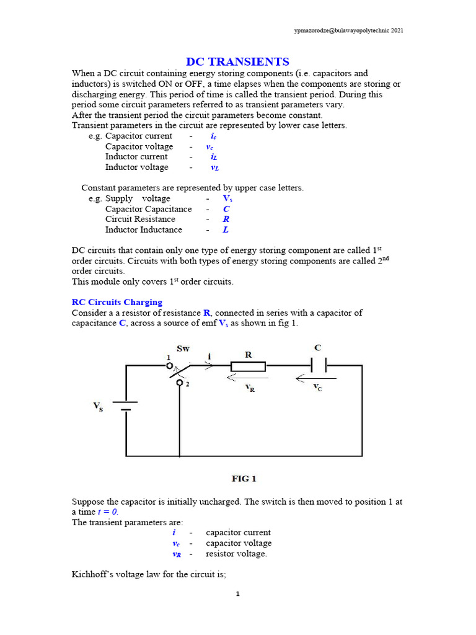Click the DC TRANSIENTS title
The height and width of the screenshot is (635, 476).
pos(238,61)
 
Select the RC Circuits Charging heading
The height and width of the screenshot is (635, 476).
pos(117,302)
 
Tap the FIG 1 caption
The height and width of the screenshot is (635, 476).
pos(244,478)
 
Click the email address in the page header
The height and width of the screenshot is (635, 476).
pos(350,30)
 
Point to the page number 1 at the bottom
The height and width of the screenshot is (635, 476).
pos(237,593)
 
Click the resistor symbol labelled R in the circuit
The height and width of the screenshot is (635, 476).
pos(248,366)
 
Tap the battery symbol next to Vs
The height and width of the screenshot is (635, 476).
pos(126,405)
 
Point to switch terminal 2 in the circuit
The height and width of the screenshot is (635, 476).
pos(180,383)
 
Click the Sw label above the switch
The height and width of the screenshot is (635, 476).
pos(183,349)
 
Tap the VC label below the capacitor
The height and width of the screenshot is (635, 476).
pos(317,388)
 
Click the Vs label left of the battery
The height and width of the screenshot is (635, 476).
pos(99,407)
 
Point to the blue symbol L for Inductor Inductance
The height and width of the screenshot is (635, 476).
pos(226,229)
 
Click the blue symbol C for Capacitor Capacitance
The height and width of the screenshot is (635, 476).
pos(226,209)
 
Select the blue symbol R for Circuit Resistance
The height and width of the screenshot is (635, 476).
pos(226,219)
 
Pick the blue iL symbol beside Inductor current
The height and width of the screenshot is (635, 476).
pos(214,157)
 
